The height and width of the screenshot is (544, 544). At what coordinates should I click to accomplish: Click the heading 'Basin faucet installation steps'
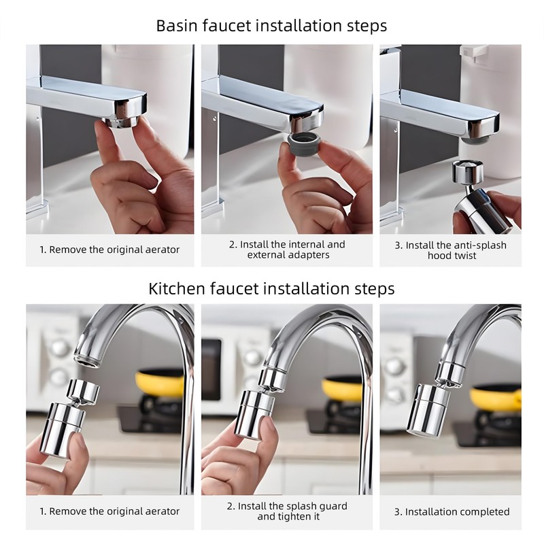[x=271, y=26]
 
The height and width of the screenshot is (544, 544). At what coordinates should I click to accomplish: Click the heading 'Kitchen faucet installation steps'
[x=271, y=288]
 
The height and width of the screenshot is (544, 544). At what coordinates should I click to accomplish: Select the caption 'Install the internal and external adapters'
[x=287, y=250]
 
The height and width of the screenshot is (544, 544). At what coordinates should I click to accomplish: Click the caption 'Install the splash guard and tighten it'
[x=287, y=511]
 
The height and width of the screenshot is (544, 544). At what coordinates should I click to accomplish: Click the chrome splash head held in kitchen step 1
[x=68, y=422]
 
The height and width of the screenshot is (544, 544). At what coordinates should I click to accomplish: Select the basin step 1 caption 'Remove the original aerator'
[x=109, y=250]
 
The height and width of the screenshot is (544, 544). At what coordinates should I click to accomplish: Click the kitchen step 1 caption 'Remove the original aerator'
[x=109, y=511]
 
